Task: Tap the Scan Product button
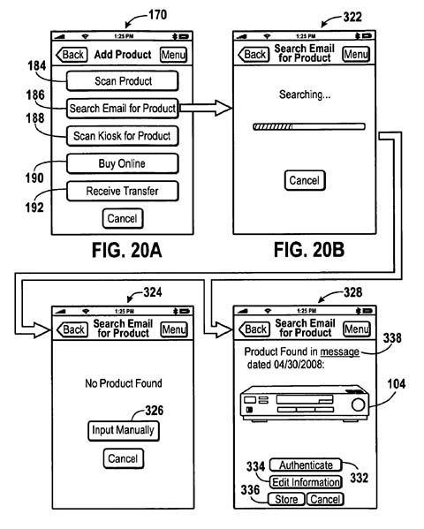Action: click(x=122, y=81)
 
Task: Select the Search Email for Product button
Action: click(x=122, y=109)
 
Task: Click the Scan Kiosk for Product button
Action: click(x=122, y=136)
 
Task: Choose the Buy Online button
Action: click(x=122, y=163)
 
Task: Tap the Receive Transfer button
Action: click(x=122, y=191)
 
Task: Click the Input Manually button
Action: click(x=123, y=430)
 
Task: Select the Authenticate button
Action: click(x=306, y=465)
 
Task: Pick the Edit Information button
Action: click(x=306, y=482)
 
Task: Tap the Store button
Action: click(x=286, y=499)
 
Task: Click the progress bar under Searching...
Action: click(x=309, y=126)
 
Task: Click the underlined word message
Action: click(x=339, y=351)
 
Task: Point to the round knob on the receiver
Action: click(x=358, y=404)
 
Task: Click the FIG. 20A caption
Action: click(x=127, y=250)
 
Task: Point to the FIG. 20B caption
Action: click(x=309, y=250)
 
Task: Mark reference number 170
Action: click(x=157, y=14)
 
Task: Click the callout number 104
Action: click(x=397, y=383)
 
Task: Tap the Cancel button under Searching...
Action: click(x=305, y=180)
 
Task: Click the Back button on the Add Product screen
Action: click(x=72, y=55)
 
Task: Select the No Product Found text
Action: click(x=124, y=383)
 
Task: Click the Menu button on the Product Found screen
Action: click(x=357, y=329)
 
